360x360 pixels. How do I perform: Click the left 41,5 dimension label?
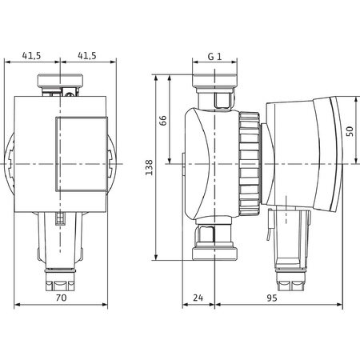[x=31, y=55]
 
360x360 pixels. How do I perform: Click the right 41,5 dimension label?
[x=87, y=55]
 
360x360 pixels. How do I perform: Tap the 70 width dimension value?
[x=61, y=298]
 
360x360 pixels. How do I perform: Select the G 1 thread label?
[x=214, y=56]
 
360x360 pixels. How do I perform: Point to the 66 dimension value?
[x=162, y=120]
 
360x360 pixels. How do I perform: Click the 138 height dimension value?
[x=149, y=167]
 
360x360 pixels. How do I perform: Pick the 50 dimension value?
[x=350, y=131]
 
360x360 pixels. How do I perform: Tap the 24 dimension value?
[x=198, y=298]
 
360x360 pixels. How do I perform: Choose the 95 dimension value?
[x=272, y=298]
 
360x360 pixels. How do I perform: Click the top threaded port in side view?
[x=214, y=81]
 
